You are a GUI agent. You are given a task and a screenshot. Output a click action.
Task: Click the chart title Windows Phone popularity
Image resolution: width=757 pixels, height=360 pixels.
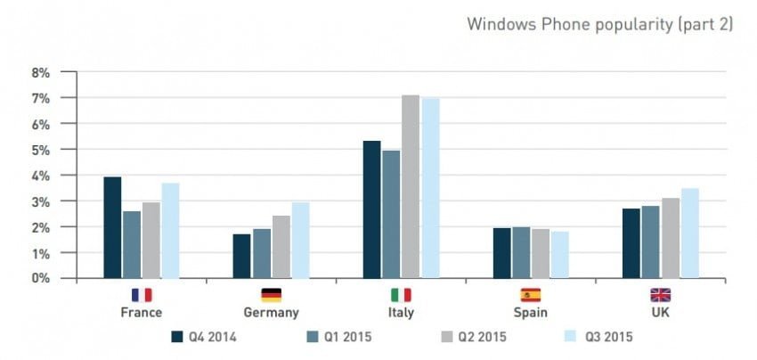point(599,24)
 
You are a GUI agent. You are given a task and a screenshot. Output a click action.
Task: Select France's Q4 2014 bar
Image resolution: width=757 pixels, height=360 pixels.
point(112,228)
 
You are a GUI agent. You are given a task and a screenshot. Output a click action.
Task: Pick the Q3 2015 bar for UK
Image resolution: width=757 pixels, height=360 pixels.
point(689,233)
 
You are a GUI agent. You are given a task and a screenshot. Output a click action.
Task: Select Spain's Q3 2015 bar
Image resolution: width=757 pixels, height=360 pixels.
point(560,255)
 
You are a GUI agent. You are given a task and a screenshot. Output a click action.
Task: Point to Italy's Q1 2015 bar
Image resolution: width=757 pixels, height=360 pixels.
point(391,215)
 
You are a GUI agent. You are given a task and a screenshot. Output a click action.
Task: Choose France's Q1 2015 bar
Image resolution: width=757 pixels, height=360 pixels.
point(132,245)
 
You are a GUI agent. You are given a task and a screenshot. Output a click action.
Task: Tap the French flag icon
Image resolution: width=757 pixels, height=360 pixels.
point(142,295)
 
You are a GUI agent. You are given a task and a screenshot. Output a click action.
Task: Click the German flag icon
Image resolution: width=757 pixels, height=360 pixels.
point(271,295)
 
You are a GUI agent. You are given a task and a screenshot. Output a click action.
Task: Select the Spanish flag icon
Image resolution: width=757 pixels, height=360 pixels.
point(531,295)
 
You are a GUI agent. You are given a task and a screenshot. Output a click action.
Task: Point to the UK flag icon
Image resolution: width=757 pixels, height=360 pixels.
point(660,295)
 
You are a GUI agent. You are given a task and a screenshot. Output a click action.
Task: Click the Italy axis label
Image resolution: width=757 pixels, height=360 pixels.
point(401,313)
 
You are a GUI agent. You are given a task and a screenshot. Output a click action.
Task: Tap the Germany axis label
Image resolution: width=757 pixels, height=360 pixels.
point(271,313)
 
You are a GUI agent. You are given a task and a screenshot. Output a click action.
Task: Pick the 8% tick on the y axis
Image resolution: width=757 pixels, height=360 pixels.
point(41,72)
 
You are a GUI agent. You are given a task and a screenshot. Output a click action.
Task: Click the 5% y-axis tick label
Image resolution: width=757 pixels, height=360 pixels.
point(41,150)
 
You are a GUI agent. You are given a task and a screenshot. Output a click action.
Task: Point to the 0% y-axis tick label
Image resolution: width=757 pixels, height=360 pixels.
point(41,279)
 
